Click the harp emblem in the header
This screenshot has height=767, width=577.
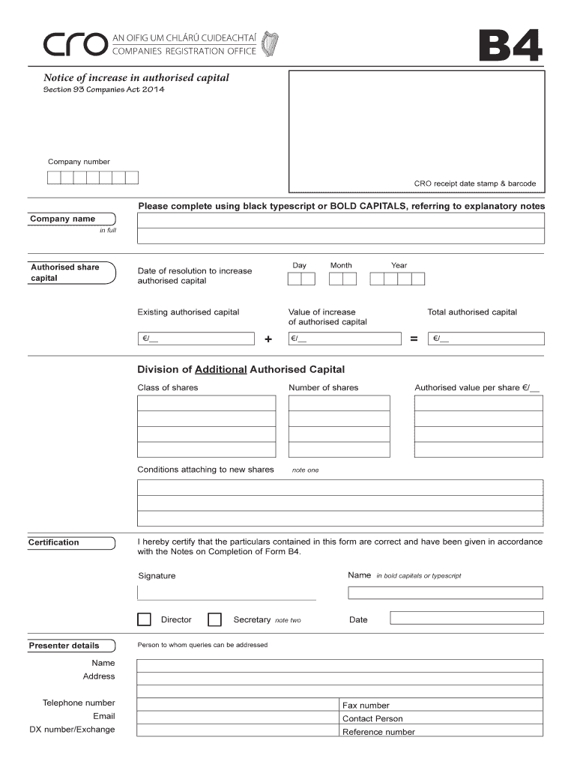coord(271,44)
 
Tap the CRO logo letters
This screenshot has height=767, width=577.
coord(74,46)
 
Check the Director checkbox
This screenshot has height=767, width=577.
coord(144,619)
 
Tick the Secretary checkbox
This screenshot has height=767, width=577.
coord(214,619)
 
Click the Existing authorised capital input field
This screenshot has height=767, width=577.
coord(196,339)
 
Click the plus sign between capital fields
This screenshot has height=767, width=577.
coord(268,340)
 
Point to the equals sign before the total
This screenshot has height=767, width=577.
coord(413,340)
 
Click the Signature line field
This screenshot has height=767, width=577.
coord(226,592)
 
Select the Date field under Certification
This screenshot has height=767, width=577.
coord(466,619)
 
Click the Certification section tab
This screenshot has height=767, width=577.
coord(71,542)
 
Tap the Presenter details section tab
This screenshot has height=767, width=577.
coord(71,646)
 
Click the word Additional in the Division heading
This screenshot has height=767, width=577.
coord(220,369)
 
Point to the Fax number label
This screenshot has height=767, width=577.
coord(366,706)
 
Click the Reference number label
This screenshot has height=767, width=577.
coord(378,732)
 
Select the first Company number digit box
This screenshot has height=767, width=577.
coord(54,178)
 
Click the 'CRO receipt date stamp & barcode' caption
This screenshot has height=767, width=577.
coord(474,184)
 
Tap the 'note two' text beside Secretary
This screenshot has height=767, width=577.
coord(288,621)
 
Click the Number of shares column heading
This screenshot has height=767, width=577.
coord(324,388)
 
